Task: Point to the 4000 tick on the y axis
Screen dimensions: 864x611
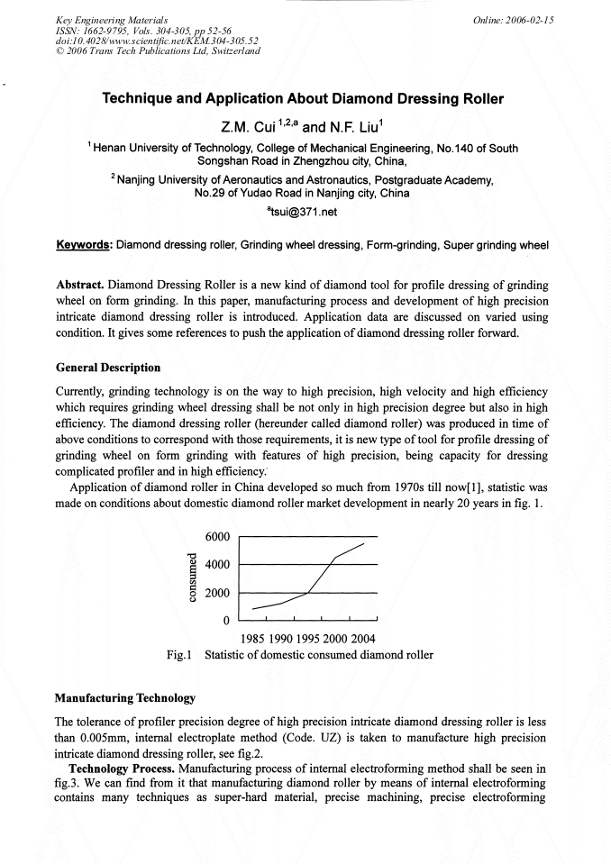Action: tap(220, 565)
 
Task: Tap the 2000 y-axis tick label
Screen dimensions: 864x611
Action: tap(220, 594)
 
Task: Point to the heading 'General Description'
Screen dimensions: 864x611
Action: tap(108, 368)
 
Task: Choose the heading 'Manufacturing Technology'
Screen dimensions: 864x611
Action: tap(124, 698)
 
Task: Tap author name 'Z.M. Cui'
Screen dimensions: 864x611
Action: tap(243, 126)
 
